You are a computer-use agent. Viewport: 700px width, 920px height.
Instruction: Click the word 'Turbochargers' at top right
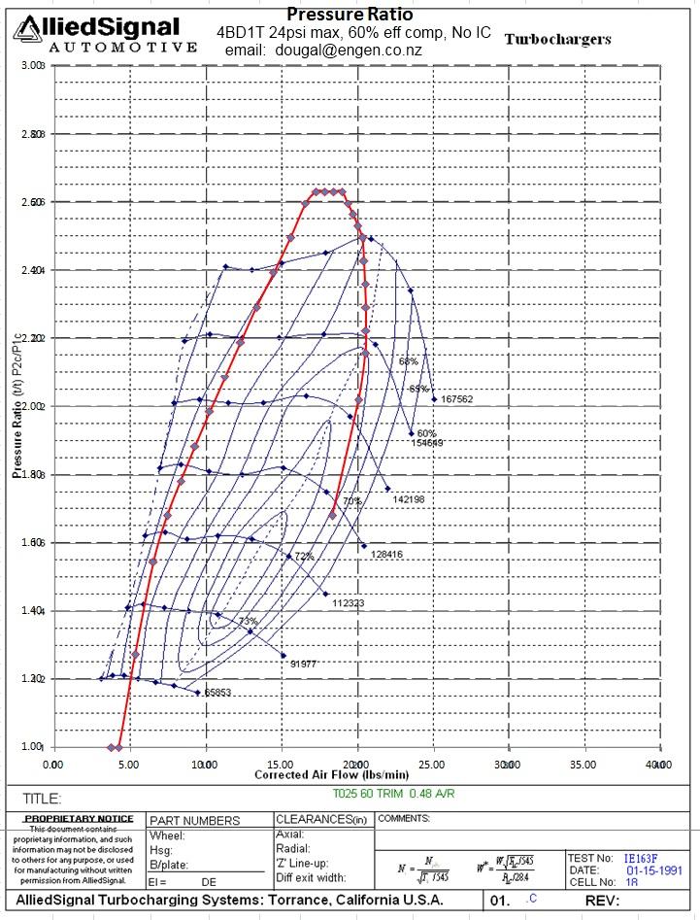click(557, 40)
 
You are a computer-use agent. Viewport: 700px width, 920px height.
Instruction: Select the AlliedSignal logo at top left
click(101, 33)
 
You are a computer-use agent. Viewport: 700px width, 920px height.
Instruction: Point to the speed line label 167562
click(456, 399)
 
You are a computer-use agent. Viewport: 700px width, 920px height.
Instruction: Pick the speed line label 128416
click(384, 555)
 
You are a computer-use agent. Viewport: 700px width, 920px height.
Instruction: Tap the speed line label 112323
click(348, 603)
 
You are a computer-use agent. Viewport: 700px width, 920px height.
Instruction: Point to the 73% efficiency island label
click(249, 621)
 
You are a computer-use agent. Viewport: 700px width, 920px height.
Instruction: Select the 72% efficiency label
click(304, 557)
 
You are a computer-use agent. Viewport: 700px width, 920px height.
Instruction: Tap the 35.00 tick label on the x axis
click(583, 766)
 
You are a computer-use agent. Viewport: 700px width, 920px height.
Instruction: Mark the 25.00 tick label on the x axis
click(432, 766)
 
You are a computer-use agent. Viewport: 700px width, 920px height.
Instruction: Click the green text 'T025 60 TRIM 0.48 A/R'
click(393, 794)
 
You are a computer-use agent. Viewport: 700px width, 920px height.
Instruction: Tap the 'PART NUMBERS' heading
click(196, 821)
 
